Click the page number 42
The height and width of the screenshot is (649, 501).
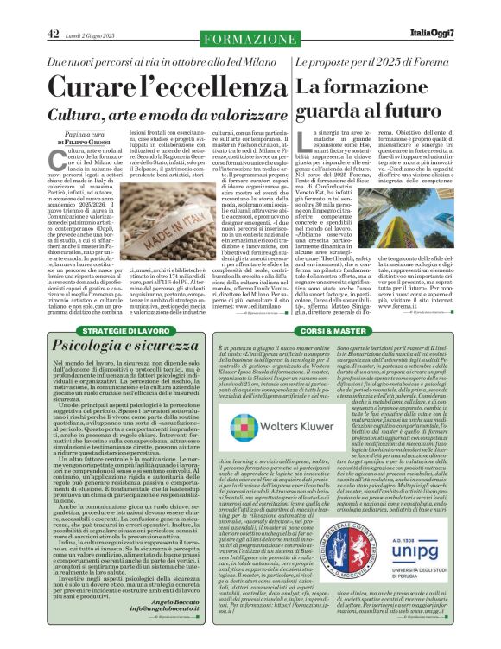click(x=53, y=35)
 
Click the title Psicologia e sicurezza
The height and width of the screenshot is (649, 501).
click(x=111, y=348)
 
